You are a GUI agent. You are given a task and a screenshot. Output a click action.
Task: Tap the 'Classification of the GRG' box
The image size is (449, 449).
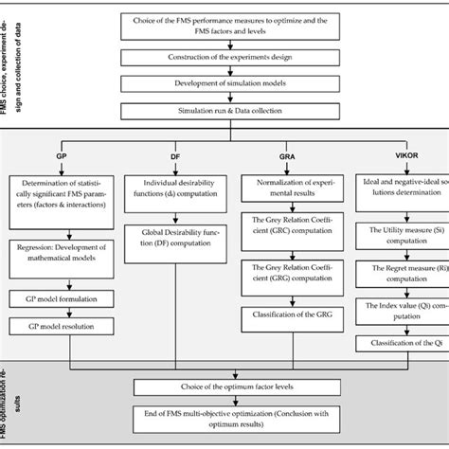[x=295, y=313]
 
